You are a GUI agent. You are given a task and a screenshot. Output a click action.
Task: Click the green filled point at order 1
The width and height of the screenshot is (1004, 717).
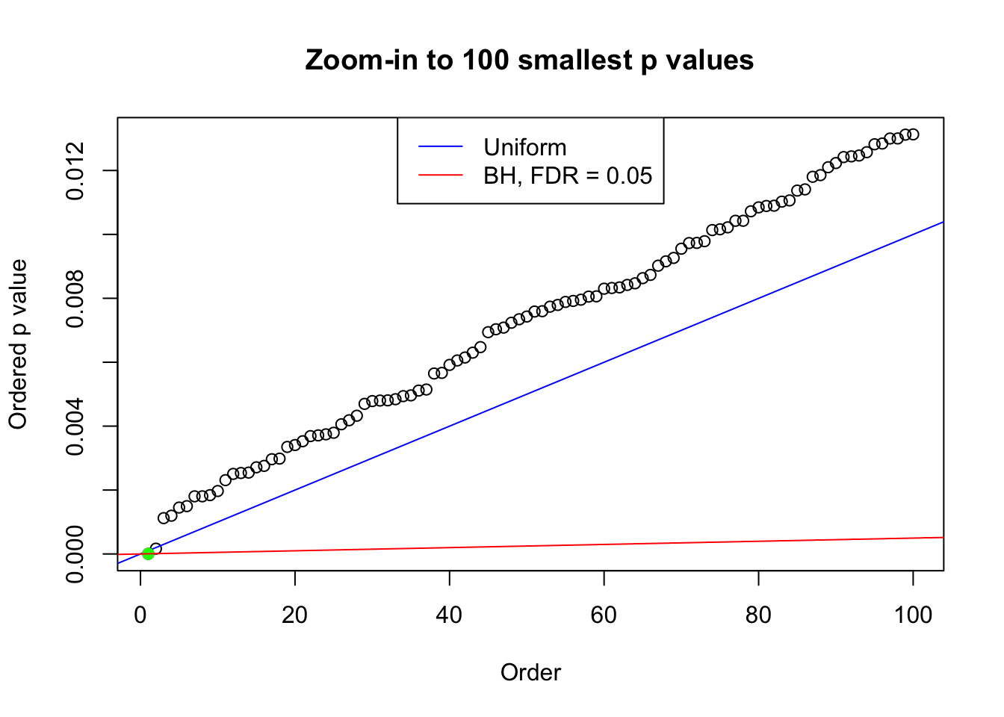[148, 553]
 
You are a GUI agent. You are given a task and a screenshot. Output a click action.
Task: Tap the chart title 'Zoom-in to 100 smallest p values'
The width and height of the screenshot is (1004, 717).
[530, 60]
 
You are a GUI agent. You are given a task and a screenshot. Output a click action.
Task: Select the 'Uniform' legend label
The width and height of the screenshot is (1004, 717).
[524, 147]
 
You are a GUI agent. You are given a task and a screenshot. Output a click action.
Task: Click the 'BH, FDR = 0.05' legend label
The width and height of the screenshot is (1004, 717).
[568, 176]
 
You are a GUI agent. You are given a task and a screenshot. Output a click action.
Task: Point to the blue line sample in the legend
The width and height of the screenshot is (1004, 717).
[441, 147]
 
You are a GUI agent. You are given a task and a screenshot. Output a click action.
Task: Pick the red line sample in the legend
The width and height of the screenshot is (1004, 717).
[441, 176]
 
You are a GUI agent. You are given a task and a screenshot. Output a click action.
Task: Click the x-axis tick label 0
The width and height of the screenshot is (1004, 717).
[140, 615]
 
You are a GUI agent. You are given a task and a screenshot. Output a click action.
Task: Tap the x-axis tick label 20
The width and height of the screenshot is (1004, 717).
[295, 615]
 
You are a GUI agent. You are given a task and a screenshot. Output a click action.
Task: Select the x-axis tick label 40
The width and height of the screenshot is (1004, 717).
[450, 615]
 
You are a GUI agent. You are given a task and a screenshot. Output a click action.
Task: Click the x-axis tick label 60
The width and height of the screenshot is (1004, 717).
[604, 615]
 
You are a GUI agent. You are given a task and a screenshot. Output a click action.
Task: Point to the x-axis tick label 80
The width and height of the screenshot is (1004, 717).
[758, 615]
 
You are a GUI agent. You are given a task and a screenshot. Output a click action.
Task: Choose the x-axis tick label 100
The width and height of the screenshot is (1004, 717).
[913, 615]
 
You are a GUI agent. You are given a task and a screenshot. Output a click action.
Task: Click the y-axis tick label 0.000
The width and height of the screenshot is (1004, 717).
[76, 553]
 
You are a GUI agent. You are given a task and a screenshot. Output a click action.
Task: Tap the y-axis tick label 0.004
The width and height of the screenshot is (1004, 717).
[76, 426]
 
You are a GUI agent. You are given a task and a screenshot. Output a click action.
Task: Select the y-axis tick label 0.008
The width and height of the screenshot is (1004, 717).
[76, 299]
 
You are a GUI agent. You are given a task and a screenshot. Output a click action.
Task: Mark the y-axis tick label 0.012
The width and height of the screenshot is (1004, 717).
[76, 171]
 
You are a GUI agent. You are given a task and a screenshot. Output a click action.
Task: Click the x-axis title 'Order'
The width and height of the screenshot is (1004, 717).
[530, 672]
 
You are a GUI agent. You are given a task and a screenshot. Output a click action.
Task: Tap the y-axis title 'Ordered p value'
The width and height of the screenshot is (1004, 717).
[18, 344]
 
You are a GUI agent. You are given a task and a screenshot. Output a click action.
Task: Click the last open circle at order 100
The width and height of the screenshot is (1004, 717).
[913, 134]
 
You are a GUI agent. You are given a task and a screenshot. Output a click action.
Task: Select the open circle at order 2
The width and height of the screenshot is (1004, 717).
[155, 549]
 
